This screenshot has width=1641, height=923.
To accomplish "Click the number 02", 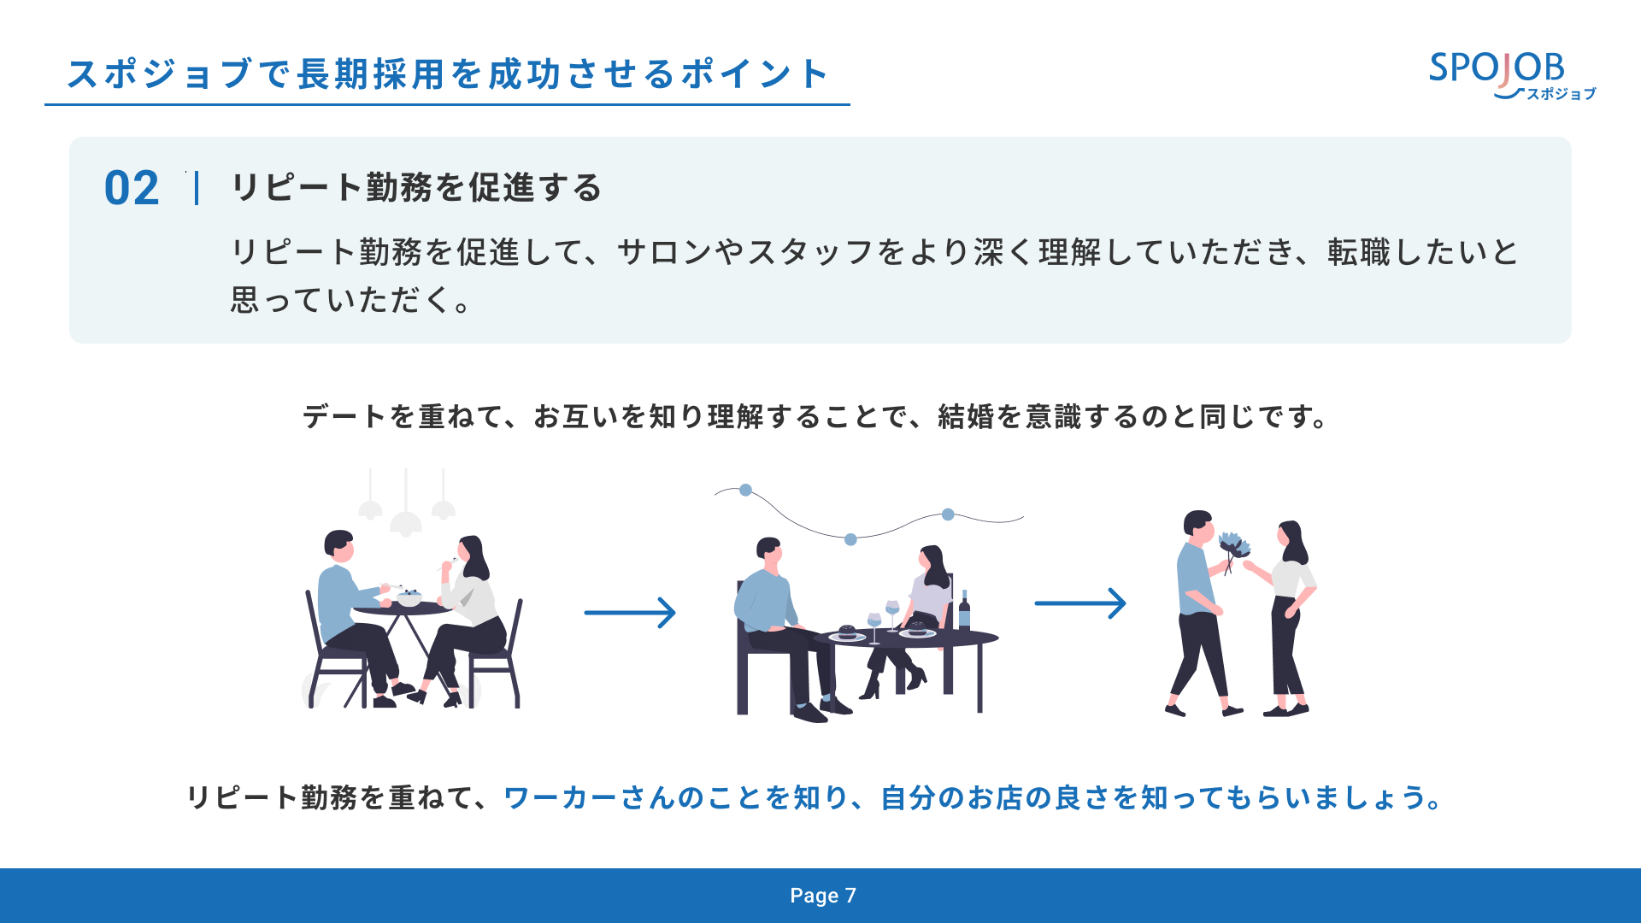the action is [132, 188].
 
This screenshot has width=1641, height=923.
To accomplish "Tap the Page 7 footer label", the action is [822, 896].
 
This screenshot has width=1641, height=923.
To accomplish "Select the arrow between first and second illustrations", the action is [630, 613].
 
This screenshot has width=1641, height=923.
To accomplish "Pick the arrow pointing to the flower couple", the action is [1080, 603].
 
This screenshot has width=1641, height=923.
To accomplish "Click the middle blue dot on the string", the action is [850, 539].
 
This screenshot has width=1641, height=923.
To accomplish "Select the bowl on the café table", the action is [409, 598].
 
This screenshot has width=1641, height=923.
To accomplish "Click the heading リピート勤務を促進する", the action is [417, 188].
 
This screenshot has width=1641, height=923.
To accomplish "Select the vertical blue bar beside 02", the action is [197, 188].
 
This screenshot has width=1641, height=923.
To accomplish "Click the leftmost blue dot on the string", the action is [746, 490].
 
